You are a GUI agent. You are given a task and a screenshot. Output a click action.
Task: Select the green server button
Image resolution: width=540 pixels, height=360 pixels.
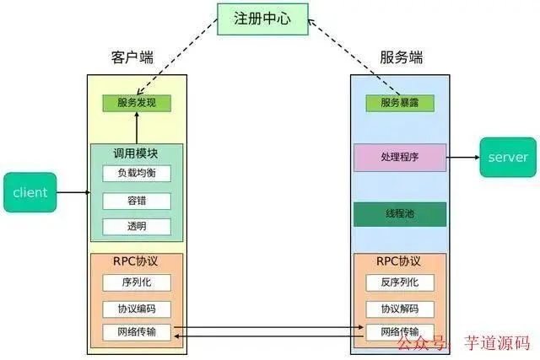click(507, 157)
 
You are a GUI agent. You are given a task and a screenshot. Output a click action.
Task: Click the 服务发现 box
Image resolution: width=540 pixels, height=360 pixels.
click(137, 103)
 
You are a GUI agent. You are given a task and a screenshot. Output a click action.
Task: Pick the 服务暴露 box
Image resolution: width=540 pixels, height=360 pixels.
click(400, 103)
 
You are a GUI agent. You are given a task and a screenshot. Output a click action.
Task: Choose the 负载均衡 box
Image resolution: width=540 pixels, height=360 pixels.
click(137, 174)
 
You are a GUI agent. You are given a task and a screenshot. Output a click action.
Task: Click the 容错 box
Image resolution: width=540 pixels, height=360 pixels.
click(137, 201)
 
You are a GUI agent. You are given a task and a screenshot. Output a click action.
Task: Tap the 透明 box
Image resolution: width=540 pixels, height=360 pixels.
click(137, 227)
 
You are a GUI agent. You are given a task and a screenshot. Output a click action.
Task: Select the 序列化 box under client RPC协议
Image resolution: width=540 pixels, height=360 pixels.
click(137, 282)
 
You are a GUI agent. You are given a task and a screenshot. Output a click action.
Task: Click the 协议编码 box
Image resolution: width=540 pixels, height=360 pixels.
click(137, 309)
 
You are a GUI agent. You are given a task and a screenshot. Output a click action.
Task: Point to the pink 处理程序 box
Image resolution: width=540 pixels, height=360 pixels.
click(400, 157)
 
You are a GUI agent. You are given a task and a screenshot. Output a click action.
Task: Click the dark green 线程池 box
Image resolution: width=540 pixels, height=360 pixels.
click(400, 214)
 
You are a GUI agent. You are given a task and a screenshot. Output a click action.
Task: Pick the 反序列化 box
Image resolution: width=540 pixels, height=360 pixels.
click(400, 282)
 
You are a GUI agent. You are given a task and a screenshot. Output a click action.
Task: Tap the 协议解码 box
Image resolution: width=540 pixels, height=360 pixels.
click(400, 309)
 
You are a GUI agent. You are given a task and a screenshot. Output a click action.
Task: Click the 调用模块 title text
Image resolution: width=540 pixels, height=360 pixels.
click(137, 153)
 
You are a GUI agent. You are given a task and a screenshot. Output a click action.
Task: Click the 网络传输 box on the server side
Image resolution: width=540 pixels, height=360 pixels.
click(400, 331)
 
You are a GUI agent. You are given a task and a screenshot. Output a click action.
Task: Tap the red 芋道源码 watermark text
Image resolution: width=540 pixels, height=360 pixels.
click(499, 343)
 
